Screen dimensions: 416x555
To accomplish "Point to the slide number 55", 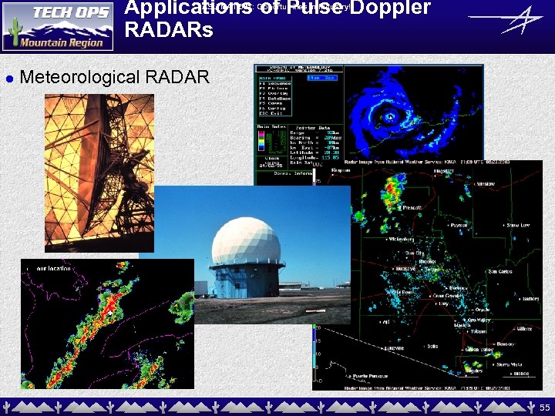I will click(544, 406).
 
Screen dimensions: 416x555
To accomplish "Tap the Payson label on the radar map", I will click(459, 226).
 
